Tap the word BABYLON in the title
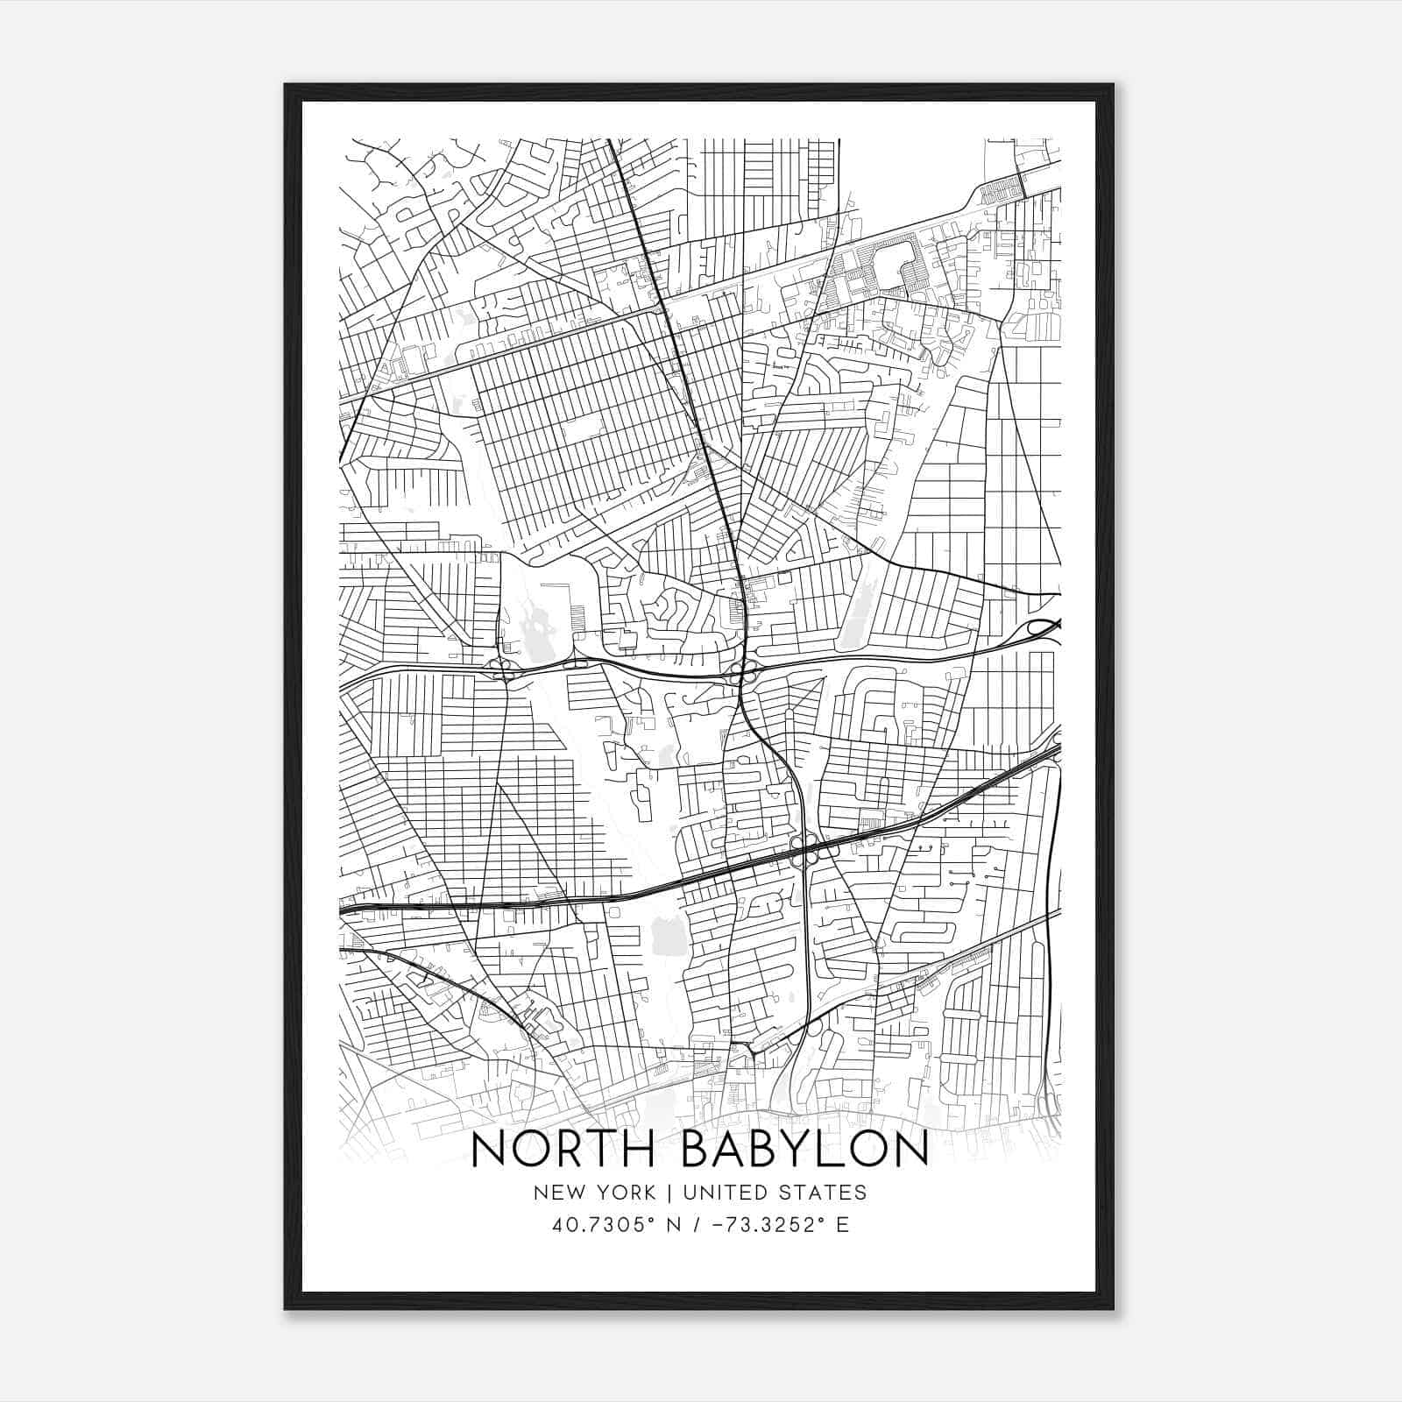(804, 1150)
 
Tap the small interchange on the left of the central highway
(504, 671)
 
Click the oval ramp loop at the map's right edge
(1043, 627)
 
